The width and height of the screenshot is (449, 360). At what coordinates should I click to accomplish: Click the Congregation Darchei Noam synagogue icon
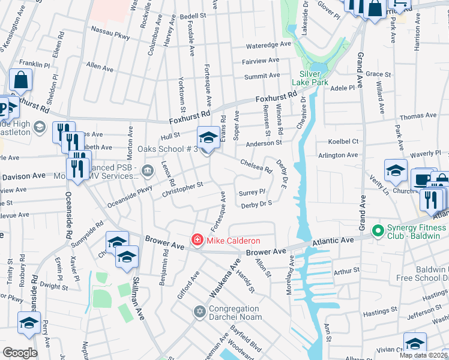pos(199,311)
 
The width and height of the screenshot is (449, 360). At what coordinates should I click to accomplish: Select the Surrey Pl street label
pos(252,193)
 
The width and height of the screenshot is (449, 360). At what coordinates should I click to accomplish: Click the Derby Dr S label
pos(256,204)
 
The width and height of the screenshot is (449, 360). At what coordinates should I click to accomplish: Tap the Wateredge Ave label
pos(268,45)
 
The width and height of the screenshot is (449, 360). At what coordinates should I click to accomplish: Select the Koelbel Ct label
pos(343,142)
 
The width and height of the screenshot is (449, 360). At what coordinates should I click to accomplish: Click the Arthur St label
pos(346,271)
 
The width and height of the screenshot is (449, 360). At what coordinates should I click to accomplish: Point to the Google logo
pos(20,352)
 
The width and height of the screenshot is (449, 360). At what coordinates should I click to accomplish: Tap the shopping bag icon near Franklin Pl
pos(20,80)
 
